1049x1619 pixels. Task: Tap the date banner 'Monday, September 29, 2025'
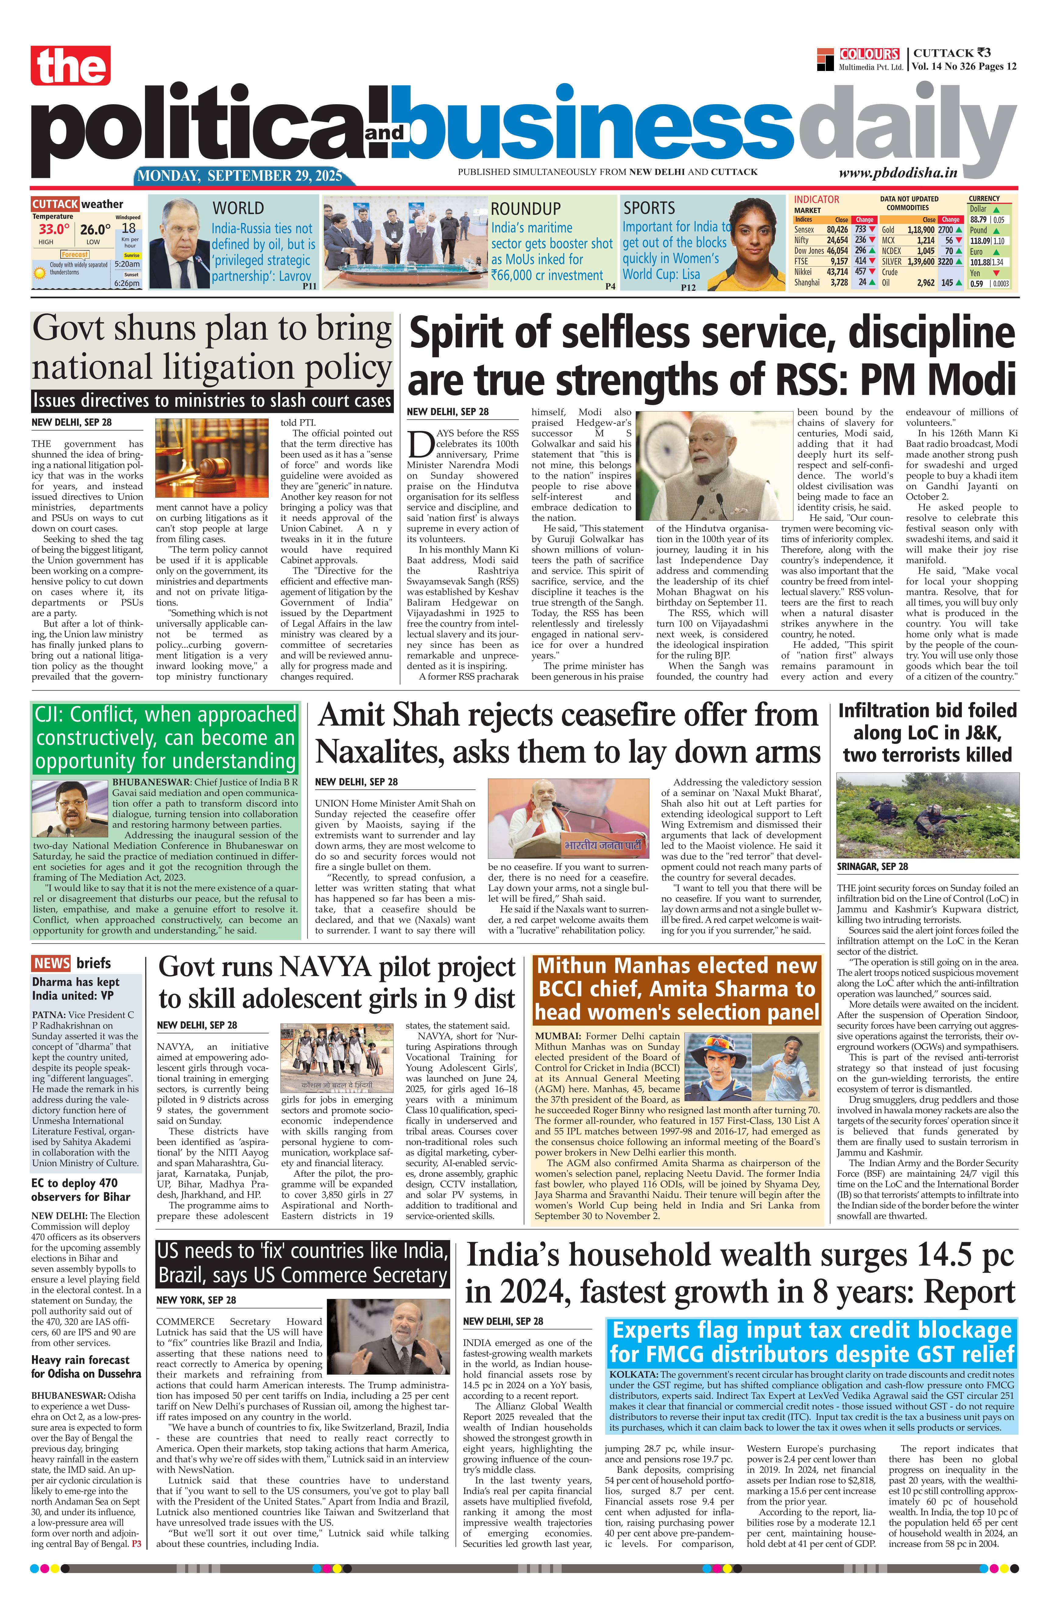click(240, 176)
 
